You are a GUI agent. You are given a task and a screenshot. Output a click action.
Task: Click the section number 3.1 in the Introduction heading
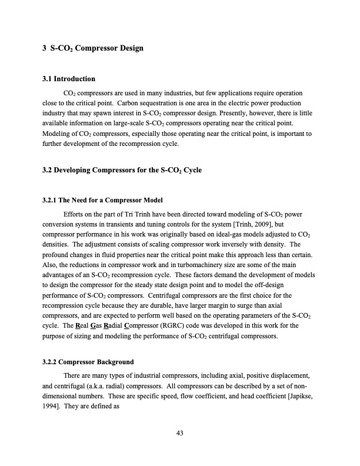(x=49, y=78)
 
